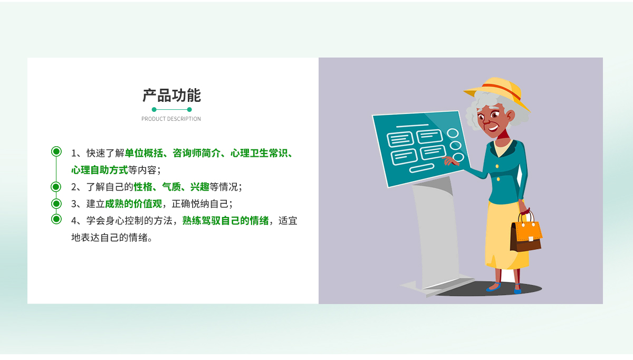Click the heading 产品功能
(171, 96)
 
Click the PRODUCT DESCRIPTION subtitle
(171, 119)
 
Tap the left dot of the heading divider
(154, 109)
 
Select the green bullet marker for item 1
(56, 151)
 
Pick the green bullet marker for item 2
(56, 187)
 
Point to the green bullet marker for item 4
(56, 219)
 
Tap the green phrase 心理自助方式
(100, 170)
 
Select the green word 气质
(171, 187)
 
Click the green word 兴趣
(199, 187)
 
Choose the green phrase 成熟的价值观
(133, 204)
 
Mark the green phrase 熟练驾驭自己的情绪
(225, 221)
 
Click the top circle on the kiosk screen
(453, 133)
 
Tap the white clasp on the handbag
(531, 239)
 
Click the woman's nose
(486, 122)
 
